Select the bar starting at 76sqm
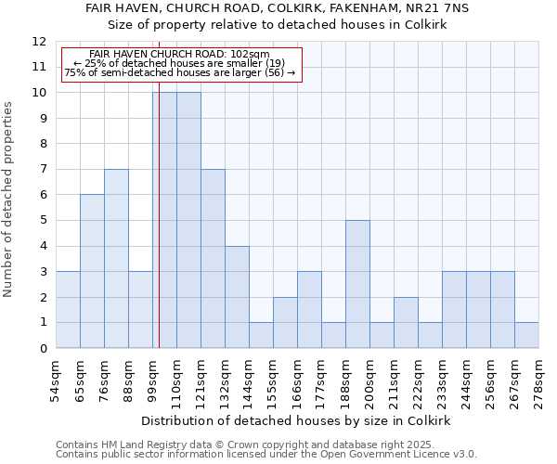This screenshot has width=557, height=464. point(116,259)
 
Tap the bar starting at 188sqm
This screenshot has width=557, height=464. point(357,284)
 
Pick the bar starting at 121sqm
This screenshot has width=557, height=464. point(213,259)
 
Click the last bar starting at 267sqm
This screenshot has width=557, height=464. point(526,335)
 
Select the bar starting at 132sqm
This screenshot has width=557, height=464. point(237,297)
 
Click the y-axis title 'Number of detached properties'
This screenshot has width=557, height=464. point(9,200)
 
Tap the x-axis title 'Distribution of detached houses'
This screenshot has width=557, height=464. point(297,420)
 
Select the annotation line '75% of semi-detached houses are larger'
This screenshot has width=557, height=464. point(180,72)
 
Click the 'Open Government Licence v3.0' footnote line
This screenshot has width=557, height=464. point(266,455)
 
